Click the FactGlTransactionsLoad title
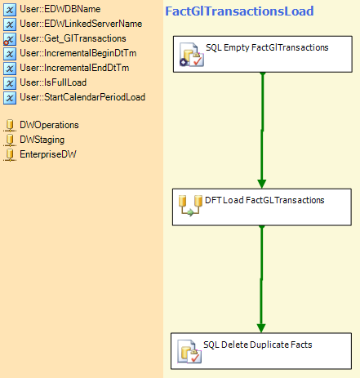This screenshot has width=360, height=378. pyautogui.click(x=239, y=11)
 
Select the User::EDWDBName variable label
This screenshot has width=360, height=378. pyautogui.click(x=60, y=9)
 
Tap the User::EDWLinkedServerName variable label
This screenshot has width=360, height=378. pyautogui.click(x=81, y=24)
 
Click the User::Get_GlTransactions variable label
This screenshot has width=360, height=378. pyautogui.click(x=73, y=38)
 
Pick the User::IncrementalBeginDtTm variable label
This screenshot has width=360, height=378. pyautogui.click(x=78, y=53)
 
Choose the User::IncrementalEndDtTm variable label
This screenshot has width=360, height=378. pyautogui.click(x=74, y=68)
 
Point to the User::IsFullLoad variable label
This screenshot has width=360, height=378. pyautogui.click(x=53, y=82)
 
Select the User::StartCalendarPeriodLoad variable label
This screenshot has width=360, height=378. pyautogui.click(x=82, y=97)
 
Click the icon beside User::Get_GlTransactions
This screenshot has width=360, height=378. pyautogui.click(x=10, y=39)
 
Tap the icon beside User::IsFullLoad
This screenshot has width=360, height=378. pyautogui.click(x=10, y=83)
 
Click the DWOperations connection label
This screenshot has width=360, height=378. pyautogui.click(x=49, y=125)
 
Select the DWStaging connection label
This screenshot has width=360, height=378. pyautogui.click(x=42, y=140)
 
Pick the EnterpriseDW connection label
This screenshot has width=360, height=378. pyautogui.click(x=48, y=154)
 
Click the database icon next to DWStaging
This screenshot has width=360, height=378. pyautogui.click(x=10, y=140)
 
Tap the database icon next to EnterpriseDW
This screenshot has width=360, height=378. pyautogui.click(x=10, y=154)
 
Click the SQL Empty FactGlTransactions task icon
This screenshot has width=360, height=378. pyautogui.click(x=192, y=55)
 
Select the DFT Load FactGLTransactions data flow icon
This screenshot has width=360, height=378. pyautogui.click(x=190, y=206)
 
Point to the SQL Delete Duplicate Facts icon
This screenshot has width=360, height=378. pyautogui.click(x=189, y=351)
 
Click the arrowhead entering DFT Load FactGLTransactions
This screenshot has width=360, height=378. pyautogui.click(x=262, y=184)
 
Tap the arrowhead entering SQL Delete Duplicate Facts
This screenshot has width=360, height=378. pyautogui.click(x=261, y=328)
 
